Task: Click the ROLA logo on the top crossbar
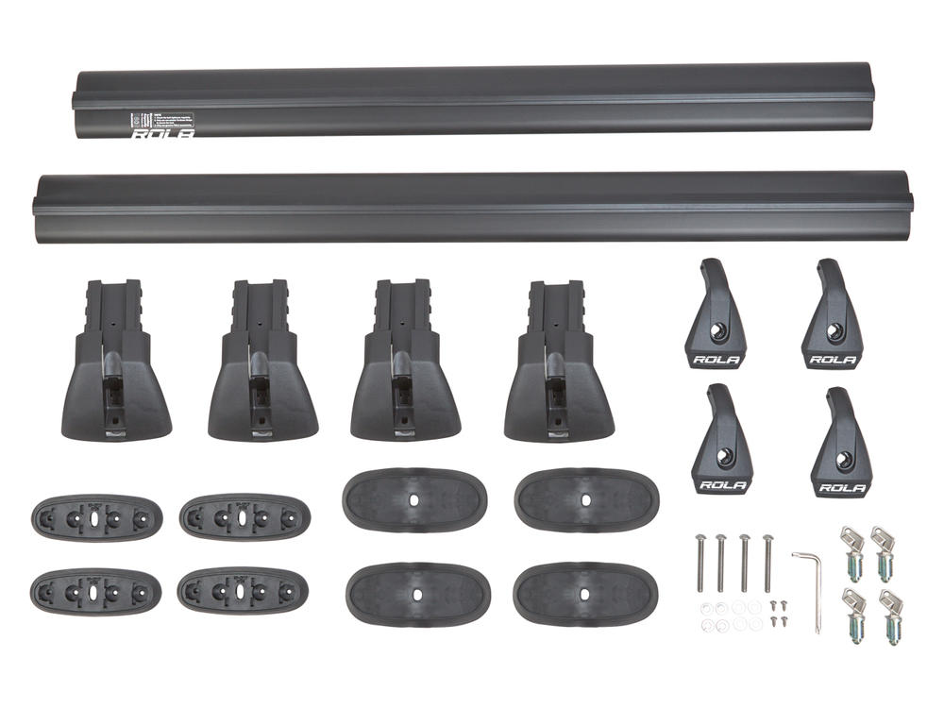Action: pos(163,133)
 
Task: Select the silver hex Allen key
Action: pos(810,585)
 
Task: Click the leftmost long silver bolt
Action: pos(699,563)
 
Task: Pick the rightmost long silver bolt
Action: pos(767,563)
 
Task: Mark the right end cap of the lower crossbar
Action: pos(910,205)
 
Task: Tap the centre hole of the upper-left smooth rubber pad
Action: pos(414,498)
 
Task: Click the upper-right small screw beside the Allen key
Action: pos(782,604)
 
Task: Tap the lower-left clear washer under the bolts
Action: pos(706,624)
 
